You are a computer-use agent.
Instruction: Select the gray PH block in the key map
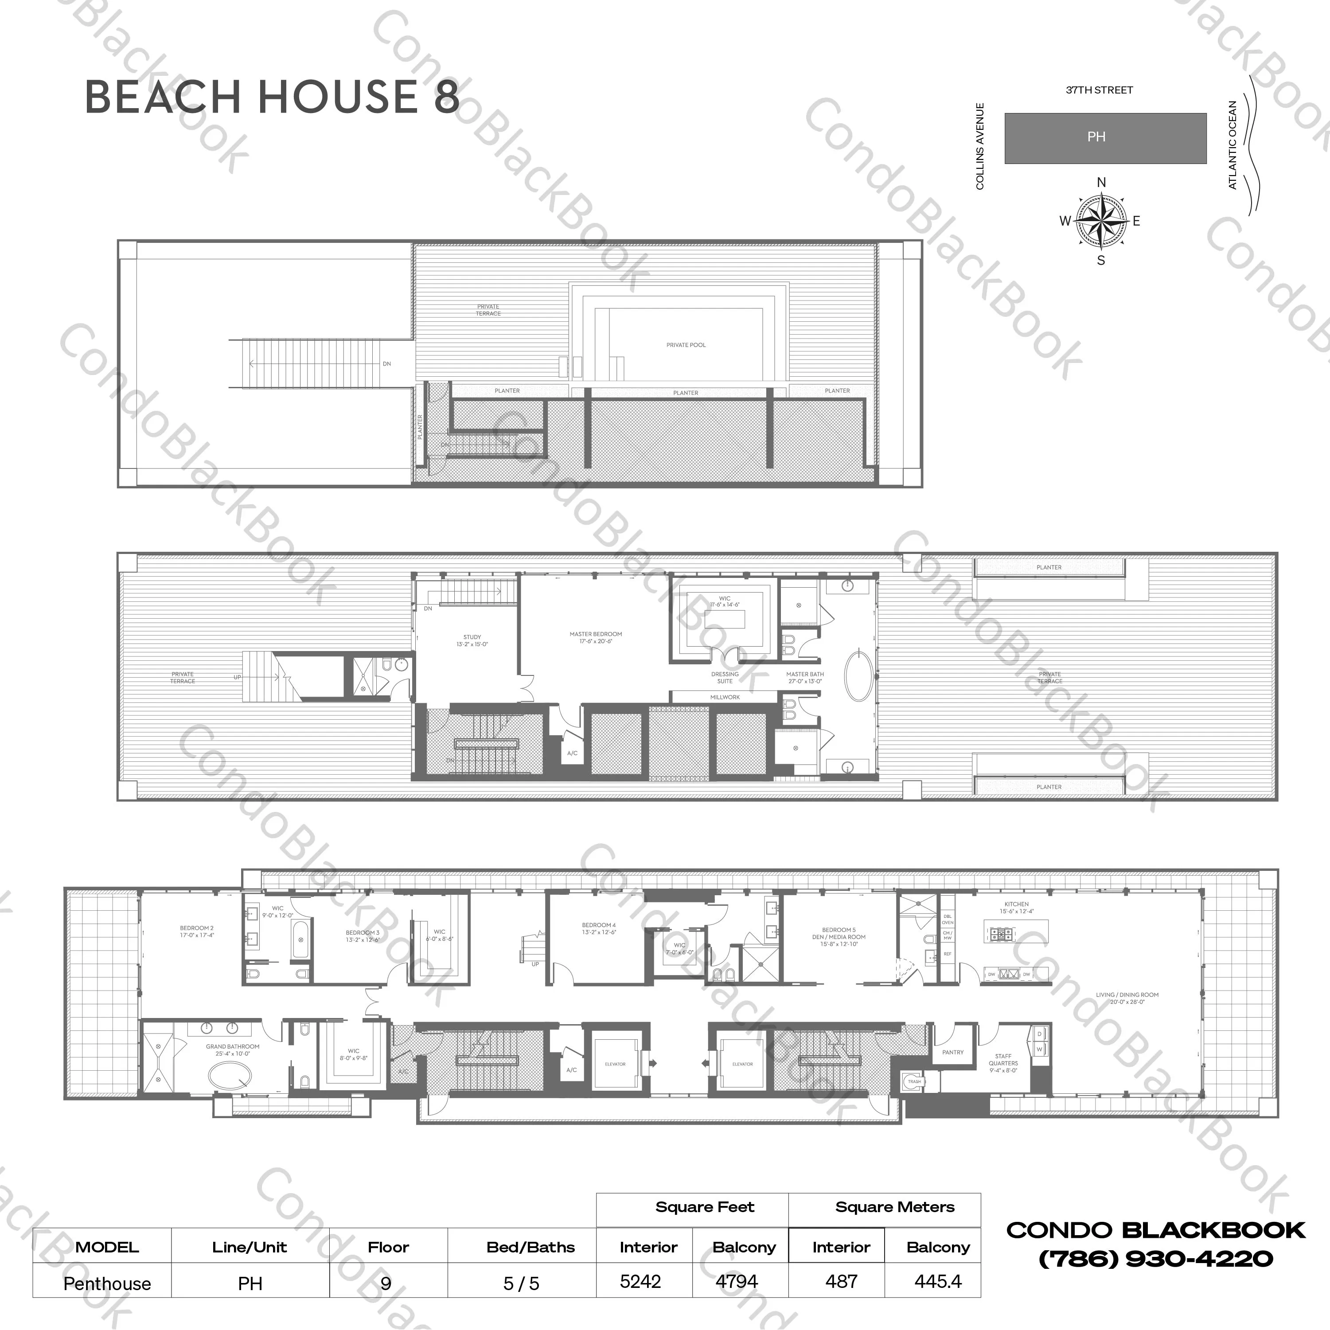(x=1105, y=138)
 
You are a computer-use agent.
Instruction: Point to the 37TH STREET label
(x=1099, y=90)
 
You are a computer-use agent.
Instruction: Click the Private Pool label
(x=686, y=345)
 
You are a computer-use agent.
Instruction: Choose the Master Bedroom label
(x=596, y=637)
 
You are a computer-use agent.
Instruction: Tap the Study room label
(x=472, y=640)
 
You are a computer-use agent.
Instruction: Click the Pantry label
(x=953, y=1052)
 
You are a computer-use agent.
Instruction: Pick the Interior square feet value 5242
(x=640, y=1282)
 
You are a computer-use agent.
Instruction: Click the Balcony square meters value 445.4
(x=938, y=1282)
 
